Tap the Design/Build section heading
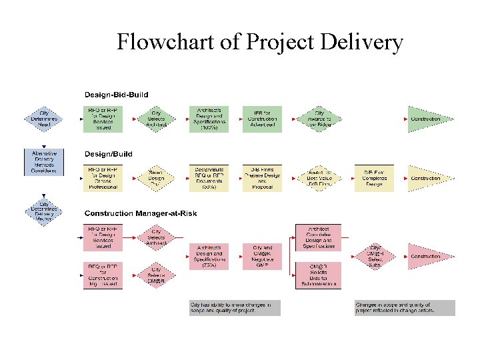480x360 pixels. tap(108, 154)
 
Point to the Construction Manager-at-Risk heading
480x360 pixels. tap(140, 213)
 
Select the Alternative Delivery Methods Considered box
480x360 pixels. tap(44, 162)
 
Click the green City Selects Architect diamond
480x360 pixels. tap(157, 119)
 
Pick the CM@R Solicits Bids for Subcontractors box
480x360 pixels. tap(318, 275)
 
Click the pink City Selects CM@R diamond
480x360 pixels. tap(157, 275)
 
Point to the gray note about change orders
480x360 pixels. tap(405, 307)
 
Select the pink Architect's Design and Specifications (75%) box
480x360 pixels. tap(209, 256)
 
